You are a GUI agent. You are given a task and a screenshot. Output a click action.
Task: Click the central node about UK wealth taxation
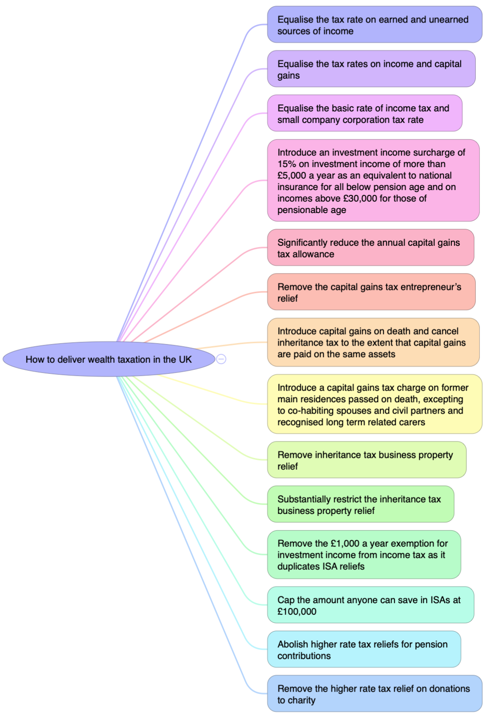[109, 359]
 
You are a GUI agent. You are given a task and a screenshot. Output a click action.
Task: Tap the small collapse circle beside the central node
[221, 359]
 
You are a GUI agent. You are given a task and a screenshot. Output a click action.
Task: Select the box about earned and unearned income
[375, 25]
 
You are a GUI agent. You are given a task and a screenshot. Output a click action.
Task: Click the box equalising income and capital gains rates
[371, 69]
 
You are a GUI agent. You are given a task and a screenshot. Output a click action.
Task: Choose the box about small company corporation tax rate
[364, 114]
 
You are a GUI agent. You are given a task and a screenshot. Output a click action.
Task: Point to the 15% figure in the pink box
[287, 164]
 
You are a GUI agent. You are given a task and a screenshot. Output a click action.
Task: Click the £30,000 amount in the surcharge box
[361, 198]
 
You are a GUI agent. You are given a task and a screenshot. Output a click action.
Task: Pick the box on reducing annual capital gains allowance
[370, 248]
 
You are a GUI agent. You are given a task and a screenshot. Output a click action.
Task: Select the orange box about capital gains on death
[373, 342]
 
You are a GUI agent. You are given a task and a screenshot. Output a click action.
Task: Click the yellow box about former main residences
[375, 404]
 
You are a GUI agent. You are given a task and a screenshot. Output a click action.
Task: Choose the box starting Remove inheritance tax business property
[367, 460]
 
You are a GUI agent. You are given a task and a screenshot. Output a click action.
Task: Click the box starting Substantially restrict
[360, 505]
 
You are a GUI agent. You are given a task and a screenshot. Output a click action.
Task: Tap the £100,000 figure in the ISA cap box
[297, 612]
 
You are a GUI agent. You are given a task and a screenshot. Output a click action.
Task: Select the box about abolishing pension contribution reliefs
[363, 650]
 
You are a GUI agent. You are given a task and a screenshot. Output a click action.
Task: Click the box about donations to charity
[375, 694]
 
